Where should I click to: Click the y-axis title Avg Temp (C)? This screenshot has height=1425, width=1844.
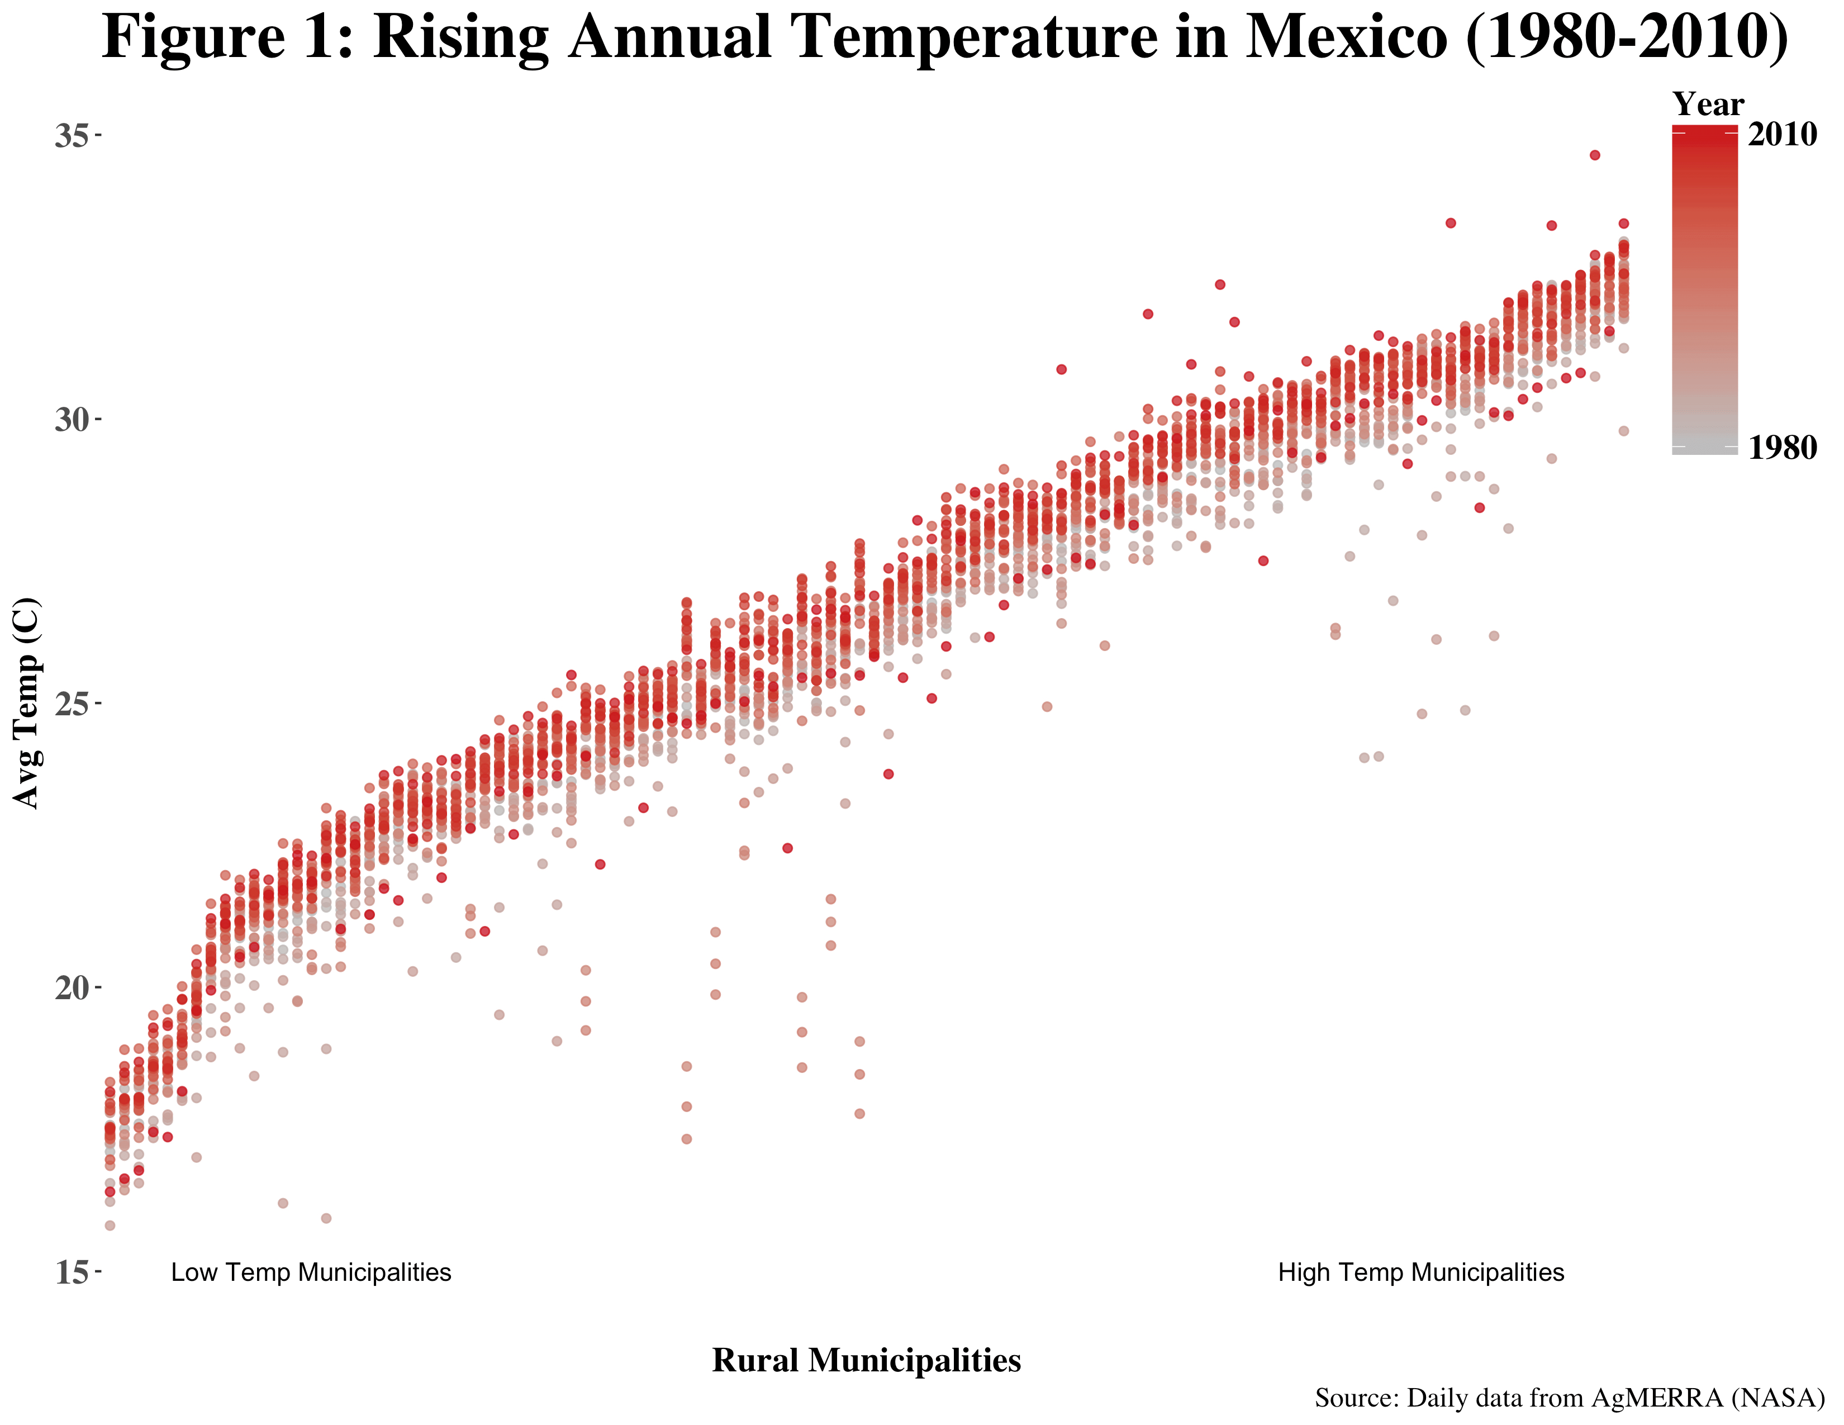click(26, 702)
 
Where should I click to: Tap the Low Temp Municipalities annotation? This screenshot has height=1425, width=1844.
click(311, 1272)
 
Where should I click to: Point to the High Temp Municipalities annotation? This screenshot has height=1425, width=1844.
click(1421, 1272)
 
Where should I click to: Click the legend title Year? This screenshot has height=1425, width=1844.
click(1708, 104)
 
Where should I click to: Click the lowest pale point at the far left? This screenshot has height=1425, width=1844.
click(110, 1225)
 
